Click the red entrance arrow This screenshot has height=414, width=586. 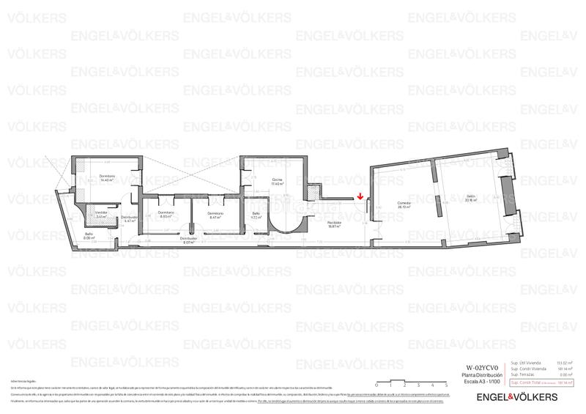360,196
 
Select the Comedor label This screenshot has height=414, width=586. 404,205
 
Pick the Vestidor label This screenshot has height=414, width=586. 101,214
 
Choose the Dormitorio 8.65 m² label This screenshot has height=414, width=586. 166,215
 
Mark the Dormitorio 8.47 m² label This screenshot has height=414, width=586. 215,215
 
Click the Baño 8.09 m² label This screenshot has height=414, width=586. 89,236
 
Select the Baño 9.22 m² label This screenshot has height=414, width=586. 256,215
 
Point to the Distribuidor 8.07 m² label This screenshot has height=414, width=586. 188,240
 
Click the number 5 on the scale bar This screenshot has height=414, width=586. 445,385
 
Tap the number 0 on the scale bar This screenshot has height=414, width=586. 376,385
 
